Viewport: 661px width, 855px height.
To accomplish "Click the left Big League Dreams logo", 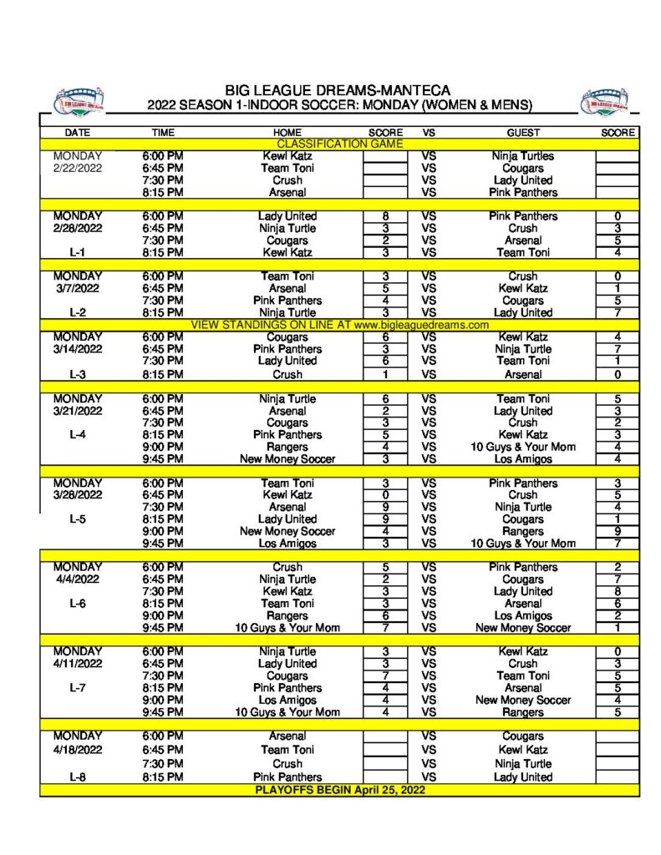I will [79, 101].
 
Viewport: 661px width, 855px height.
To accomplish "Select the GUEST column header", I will [523, 133].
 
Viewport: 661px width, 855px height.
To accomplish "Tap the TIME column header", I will [163, 133].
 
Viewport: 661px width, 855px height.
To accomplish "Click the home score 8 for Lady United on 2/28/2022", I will [384, 216].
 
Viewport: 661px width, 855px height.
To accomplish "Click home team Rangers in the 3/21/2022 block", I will [287, 447].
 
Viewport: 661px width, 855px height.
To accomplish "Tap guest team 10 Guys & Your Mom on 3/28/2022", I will [523, 544].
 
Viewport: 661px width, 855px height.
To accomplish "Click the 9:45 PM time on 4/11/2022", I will [163, 712].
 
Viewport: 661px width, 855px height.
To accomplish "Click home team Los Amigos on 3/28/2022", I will [287, 544].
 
